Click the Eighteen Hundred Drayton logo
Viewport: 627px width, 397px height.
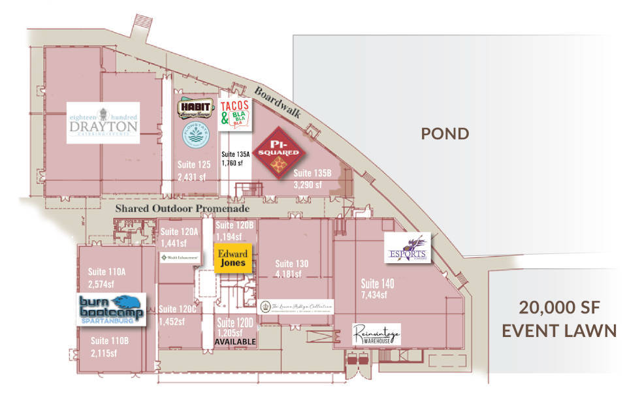point(103,123)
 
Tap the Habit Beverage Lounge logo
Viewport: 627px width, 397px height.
point(195,109)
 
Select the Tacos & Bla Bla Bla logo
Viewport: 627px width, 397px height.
point(236,113)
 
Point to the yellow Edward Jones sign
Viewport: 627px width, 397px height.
point(232,258)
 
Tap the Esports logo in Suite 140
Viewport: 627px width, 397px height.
point(408,248)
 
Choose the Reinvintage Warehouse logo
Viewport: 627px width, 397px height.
point(376,334)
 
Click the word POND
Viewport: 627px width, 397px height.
point(445,135)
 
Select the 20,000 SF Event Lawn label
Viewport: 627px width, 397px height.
point(558,319)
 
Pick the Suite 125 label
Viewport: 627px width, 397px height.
point(195,165)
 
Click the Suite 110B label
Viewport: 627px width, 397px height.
point(108,341)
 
